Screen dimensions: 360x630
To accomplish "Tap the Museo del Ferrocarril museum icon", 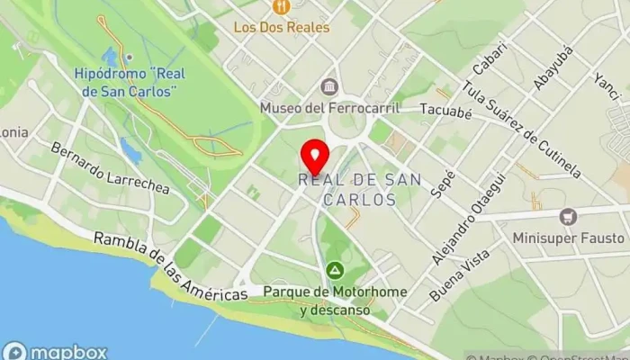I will click(x=328, y=87).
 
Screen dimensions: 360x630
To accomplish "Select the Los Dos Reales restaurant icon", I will click(x=283, y=7).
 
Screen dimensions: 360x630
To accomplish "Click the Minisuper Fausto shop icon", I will click(x=567, y=217).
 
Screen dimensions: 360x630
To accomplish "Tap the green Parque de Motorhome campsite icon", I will click(x=335, y=269).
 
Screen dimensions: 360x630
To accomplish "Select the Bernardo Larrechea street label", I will click(x=110, y=168).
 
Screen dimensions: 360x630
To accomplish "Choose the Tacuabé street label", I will click(x=446, y=110).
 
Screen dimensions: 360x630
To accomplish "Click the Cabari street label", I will click(x=488, y=63).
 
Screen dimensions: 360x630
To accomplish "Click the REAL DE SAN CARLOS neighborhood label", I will click(x=346, y=189).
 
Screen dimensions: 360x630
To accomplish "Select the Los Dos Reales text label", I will click(x=282, y=27).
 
